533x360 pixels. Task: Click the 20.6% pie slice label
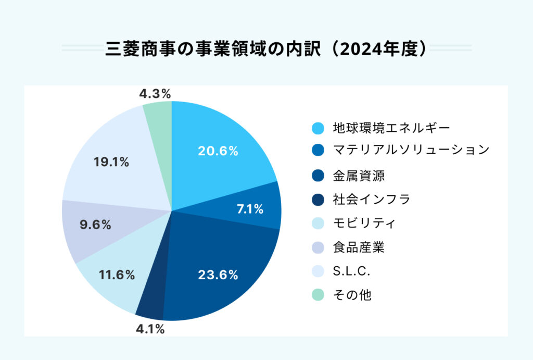tap(218, 151)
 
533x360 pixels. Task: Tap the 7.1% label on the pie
tap(250, 209)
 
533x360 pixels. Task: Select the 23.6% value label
tap(218, 275)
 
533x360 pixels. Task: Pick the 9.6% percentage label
tap(95, 225)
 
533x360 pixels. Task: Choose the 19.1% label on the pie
tap(111, 162)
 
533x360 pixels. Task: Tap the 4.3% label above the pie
tap(155, 94)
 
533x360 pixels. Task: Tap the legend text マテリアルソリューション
tap(411, 150)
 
